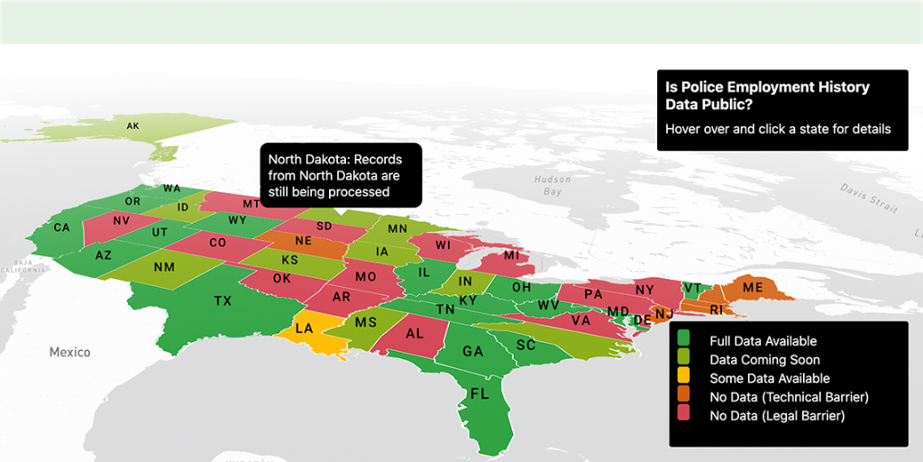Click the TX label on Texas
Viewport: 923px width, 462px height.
223,300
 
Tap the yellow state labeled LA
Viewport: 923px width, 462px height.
305,328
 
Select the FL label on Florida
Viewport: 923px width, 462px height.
480,393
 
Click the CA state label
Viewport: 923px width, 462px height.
61,227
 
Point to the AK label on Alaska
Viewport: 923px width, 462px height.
133,125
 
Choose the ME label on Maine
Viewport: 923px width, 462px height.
752,288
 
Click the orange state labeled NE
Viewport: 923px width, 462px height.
304,241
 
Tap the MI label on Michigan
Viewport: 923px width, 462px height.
511,255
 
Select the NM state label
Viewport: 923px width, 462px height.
164,266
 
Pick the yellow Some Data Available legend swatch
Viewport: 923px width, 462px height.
683,378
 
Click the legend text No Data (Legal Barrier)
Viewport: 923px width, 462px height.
776,416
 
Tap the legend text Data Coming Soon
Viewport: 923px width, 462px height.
757,360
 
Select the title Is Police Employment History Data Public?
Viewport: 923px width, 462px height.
767,96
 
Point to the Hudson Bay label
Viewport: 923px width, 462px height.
552,185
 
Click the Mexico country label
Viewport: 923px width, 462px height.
70,351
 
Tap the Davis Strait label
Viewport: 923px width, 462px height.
869,194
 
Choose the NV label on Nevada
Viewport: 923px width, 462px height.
123,220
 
